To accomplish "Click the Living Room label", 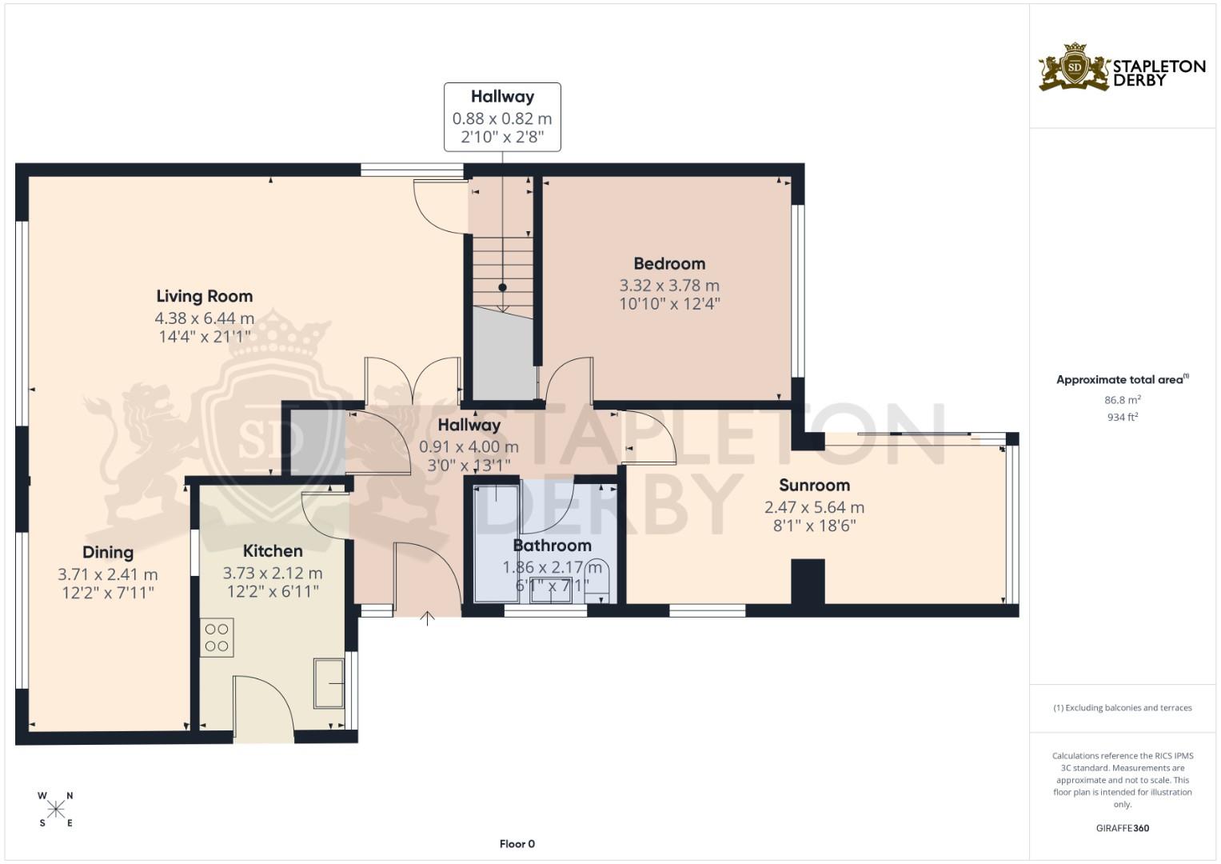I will point(204,296).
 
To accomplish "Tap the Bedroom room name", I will point(669,263).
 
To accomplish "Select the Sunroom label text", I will point(814,485).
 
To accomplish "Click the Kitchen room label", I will point(273,550).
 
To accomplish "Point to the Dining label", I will point(108,552).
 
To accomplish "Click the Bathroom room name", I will point(552,546).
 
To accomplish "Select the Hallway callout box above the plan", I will point(502,117).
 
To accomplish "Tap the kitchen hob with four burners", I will point(217,638).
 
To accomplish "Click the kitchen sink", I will point(329,682).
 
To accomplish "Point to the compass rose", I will point(56,809).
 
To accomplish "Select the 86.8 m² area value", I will point(1122,400).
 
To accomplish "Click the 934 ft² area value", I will point(1122,417).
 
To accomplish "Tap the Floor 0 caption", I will point(517,844).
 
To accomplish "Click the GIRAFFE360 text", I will point(1122,828).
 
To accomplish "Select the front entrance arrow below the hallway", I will point(428,618).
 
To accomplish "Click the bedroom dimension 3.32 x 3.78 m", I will point(669,285).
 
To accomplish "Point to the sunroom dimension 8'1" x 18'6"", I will point(814,526).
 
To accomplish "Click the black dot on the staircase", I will point(502,287).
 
